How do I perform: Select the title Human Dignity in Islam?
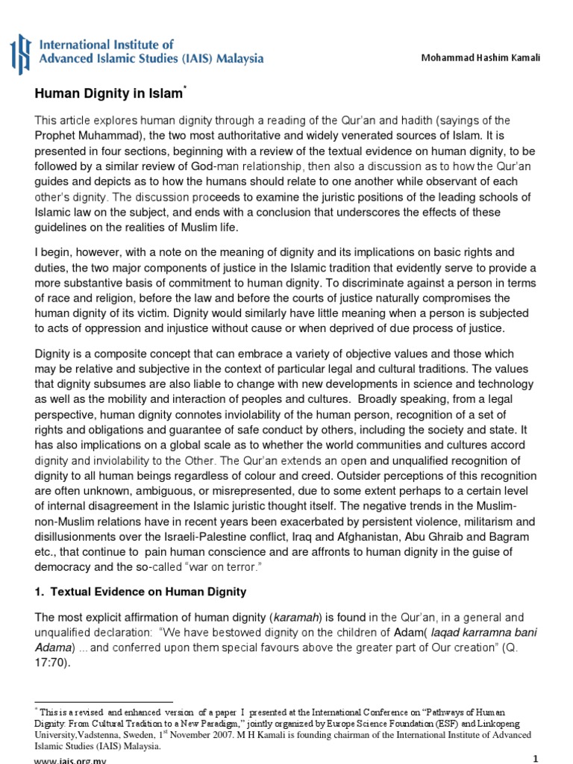(x=109, y=94)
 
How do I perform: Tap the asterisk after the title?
(x=184, y=89)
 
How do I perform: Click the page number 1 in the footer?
(x=535, y=758)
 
